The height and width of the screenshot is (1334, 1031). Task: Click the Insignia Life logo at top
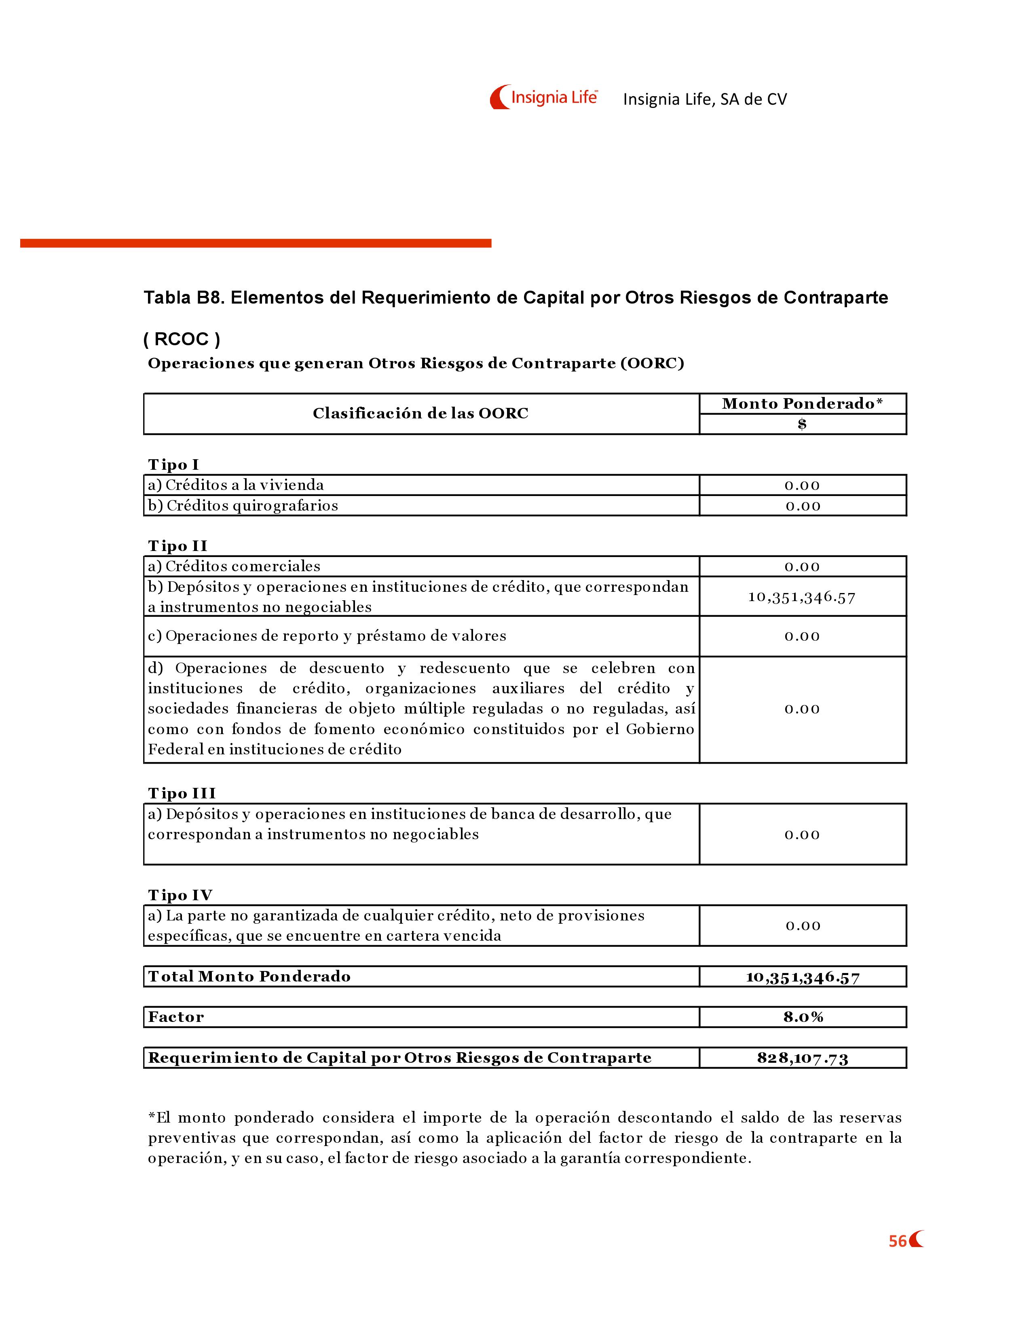click(543, 97)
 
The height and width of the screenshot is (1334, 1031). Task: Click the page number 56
click(897, 1241)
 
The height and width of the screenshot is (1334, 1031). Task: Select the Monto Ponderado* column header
click(802, 404)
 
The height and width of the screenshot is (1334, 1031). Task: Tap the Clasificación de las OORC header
click(420, 414)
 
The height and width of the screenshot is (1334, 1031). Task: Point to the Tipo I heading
click(173, 465)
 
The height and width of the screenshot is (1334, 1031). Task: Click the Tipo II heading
click(178, 546)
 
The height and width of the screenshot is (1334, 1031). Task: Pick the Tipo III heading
click(182, 794)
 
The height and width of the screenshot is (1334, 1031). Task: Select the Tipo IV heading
click(180, 895)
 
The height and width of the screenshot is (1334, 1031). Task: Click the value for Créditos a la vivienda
click(802, 485)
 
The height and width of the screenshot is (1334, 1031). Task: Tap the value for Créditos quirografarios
click(803, 506)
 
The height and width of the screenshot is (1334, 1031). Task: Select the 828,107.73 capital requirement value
click(803, 1058)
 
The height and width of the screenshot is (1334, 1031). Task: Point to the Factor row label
click(176, 1017)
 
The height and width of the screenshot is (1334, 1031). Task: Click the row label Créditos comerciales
click(234, 566)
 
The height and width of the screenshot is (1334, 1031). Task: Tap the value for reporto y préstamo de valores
click(802, 636)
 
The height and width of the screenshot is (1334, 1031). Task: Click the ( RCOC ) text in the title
click(182, 339)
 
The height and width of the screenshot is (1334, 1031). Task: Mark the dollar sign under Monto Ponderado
click(802, 424)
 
